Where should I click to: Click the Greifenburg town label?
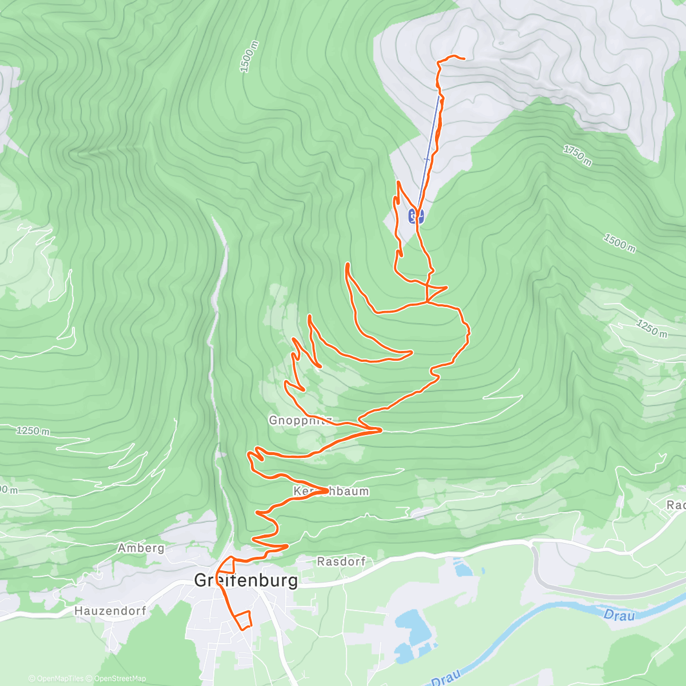[246, 581]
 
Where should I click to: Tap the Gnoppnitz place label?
[300, 421]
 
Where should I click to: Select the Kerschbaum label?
[331, 491]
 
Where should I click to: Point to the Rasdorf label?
[341, 561]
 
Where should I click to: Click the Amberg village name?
[141, 548]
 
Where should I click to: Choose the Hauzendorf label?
[110, 611]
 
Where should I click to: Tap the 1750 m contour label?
[577, 155]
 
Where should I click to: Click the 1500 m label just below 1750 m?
[619, 242]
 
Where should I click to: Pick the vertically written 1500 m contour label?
[249, 57]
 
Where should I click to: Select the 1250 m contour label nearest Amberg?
[33, 430]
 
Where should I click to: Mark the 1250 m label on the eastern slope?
[651, 328]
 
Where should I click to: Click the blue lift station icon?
[416, 216]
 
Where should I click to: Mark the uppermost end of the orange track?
[462, 58]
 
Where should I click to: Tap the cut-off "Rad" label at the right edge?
[676, 505]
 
